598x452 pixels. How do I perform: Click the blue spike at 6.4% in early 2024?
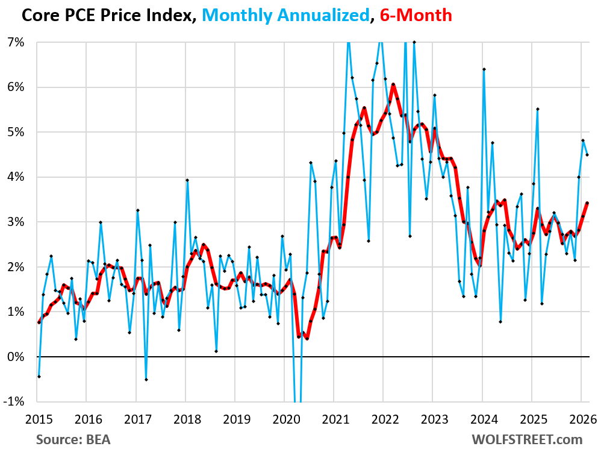(484, 69)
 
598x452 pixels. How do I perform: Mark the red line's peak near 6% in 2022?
(393, 84)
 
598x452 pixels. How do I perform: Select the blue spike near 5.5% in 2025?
(537, 109)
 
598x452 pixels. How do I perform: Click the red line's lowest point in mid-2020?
(307, 338)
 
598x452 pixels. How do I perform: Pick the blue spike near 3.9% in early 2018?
(187, 180)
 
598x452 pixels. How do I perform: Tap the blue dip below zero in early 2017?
(146, 379)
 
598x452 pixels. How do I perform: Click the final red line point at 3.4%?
(587, 203)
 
